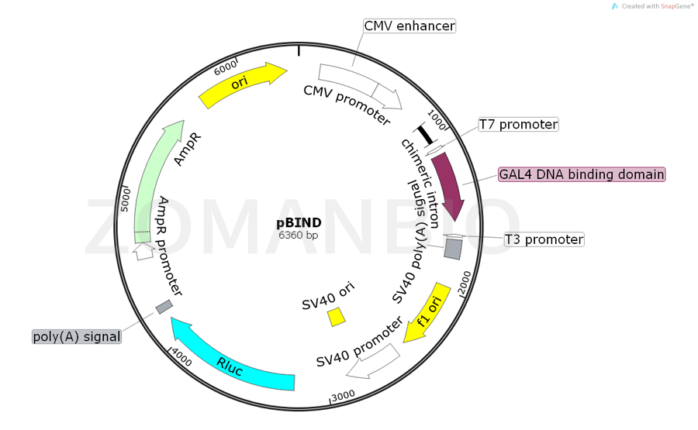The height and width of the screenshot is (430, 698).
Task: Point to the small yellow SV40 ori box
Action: coord(337,317)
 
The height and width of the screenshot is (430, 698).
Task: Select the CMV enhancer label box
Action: coord(409,26)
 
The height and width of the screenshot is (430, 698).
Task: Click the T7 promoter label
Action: coord(518,124)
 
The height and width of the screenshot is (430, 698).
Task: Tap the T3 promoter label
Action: coord(544,239)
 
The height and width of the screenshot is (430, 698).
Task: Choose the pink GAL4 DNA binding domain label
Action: coord(582,174)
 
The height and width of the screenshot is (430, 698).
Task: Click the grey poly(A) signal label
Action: coord(77,336)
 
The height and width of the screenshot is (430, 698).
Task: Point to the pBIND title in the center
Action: coord(299,223)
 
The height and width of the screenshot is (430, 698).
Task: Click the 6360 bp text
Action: coord(299,235)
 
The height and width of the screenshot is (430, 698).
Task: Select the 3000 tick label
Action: coord(343,394)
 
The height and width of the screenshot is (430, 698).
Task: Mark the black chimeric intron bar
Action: coord(423,133)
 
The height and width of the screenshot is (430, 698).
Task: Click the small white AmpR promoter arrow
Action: coord(143,252)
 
